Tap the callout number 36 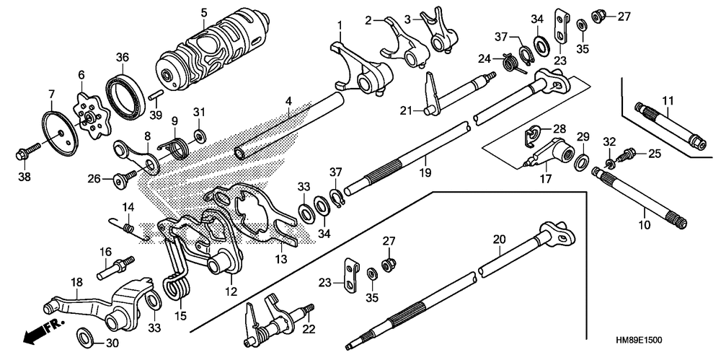point(123,58)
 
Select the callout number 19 point(425,173)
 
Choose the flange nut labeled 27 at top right point(597,17)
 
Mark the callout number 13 point(281,260)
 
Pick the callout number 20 point(499,239)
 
